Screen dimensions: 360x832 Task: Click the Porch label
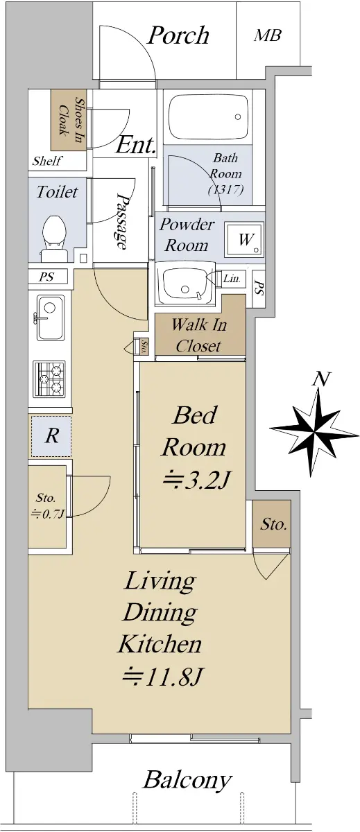coord(178,35)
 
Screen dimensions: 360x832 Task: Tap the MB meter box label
coord(267,35)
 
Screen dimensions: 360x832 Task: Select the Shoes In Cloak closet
coord(69,120)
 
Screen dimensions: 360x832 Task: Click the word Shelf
coord(46,161)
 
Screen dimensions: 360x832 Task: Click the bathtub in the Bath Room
coord(208,116)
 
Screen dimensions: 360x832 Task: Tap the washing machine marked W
coord(244,240)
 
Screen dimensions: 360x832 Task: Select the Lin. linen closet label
coord(232,278)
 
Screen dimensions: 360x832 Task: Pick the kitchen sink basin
coord(50,318)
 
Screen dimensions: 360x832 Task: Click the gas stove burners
coord(49,379)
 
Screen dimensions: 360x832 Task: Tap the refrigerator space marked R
coord(51,436)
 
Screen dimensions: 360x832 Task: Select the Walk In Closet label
coord(199,336)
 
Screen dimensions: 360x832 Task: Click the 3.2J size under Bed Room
coord(197,480)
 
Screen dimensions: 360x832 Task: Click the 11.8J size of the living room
coord(162,677)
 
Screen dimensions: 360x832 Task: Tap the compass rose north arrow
coord(315,424)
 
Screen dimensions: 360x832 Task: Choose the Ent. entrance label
coord(135,146)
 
